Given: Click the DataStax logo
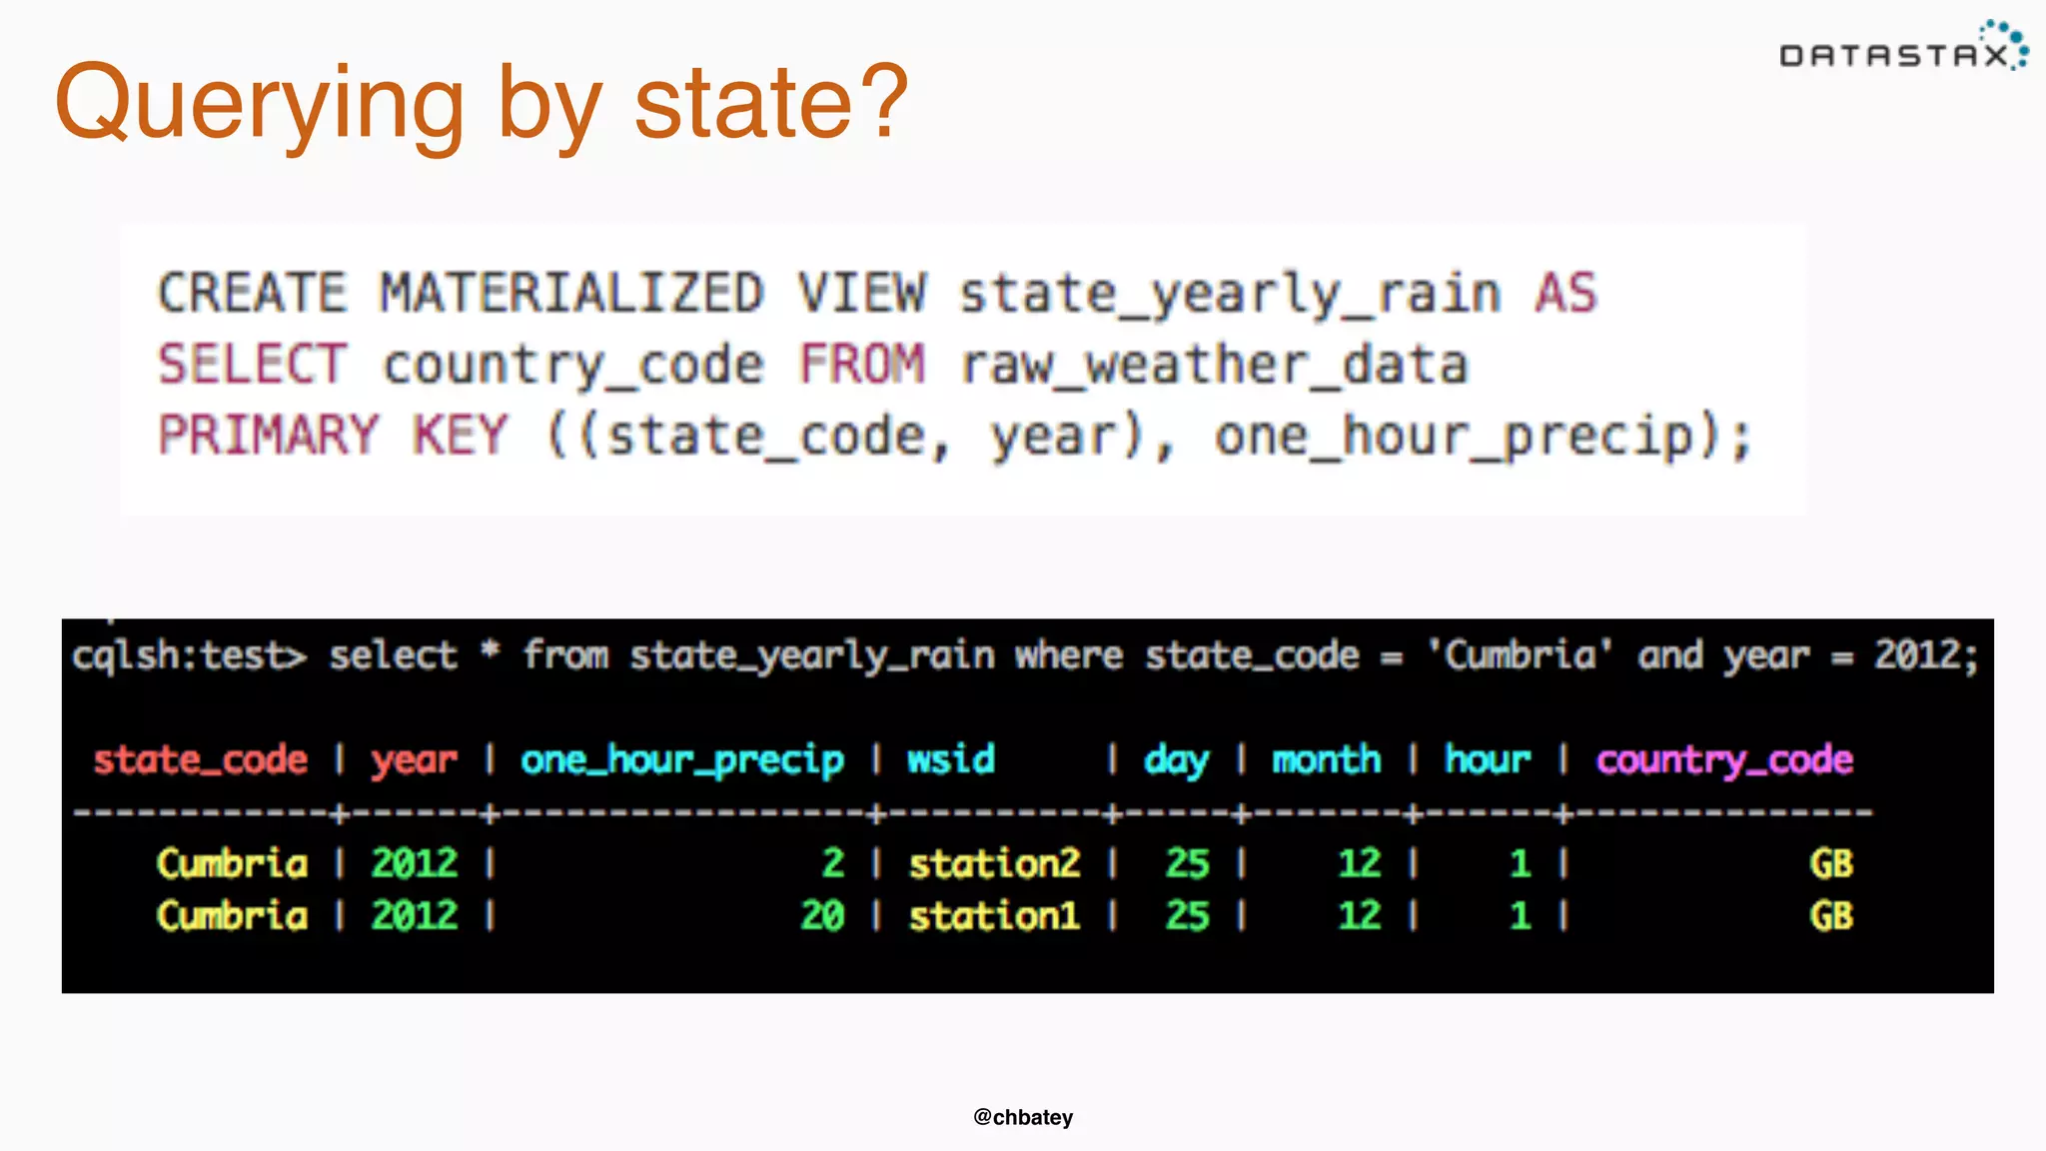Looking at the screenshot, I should point(1902,50).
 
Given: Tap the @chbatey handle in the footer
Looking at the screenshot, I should point(1023,1117).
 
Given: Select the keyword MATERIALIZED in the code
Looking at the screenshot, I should point(571,294).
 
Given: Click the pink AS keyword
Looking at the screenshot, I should point(1565,294).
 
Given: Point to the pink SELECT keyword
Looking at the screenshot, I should point(252,365).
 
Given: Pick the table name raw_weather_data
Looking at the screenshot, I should point(1214,365).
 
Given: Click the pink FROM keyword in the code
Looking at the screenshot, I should point(862,365).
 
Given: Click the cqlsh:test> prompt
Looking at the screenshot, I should point(189,656).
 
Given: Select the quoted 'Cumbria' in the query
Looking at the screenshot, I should point(1520,656).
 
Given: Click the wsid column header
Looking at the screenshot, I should point(950,760).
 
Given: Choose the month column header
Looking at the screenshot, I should point(1326,760).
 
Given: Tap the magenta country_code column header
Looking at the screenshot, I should point(1724,760).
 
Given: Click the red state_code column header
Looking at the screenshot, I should point(200,760).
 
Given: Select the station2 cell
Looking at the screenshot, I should point(994,864).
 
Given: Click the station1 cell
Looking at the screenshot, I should point(994,916).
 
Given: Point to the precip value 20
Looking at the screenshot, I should point(822,916).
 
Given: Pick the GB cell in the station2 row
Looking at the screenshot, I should point(1831,864).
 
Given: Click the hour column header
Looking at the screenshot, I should point(1488,760).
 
